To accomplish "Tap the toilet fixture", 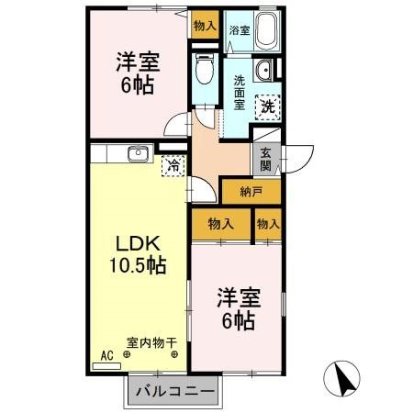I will point(205,70).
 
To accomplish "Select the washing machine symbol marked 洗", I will point(267,106).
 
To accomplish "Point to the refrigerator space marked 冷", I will point(171,166).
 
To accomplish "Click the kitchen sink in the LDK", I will point(138,154).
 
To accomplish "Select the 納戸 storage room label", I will point(251,193).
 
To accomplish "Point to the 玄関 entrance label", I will point(265,160).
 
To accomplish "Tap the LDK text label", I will point(137,245).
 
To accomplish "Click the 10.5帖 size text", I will point(137,267).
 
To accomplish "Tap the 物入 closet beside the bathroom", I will point(205,26).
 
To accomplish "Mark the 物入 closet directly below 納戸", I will point(221,223).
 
